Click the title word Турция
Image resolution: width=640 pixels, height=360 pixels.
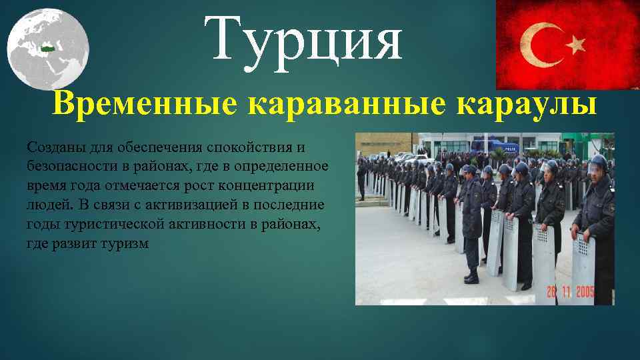tap(303, 40)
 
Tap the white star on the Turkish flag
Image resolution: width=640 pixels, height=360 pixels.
tap(575, 45)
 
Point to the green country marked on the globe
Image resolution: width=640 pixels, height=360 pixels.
tap(47, 49)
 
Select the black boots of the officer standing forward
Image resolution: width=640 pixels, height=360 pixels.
tap(472, 275)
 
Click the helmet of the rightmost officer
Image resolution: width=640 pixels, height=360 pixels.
tap(598, 162)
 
